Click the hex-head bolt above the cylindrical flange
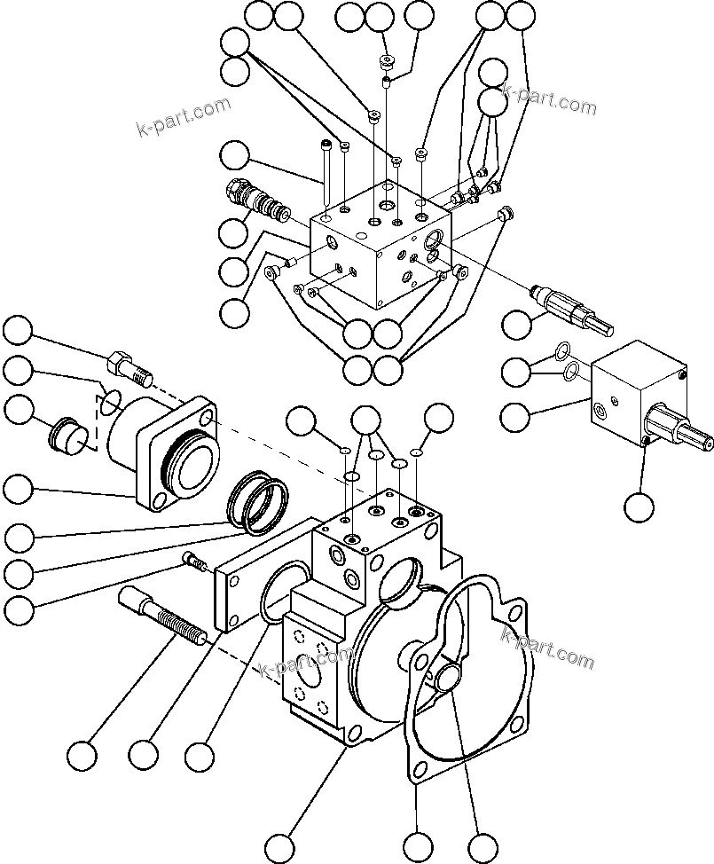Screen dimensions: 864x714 click(129, 365)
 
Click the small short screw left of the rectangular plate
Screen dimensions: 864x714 click(192, 561)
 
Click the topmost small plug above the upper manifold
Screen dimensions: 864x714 click(384, 62)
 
